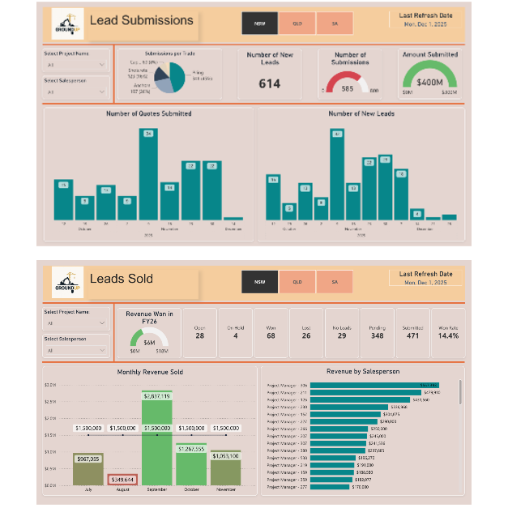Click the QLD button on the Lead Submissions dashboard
click(297, 23)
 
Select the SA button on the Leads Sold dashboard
click(334, 283)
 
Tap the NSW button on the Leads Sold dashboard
click(259, 283)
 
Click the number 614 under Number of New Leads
click(269, 83)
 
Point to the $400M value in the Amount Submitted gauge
click(429, 83)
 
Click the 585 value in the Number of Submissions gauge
click(348, 88)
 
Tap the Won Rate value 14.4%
click(448, 335)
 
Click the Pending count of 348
click(377, 335)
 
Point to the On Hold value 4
click(235, 335)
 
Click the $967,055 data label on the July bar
click(87, 459)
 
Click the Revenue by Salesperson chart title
click(361, 372)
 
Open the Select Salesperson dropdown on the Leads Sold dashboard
click(75, 350)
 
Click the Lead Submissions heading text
click(142, 20)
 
